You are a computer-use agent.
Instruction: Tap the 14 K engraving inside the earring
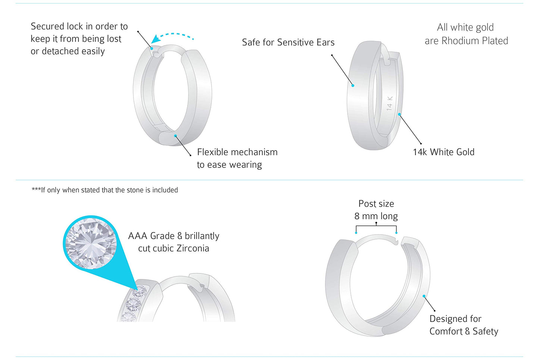point(389,103)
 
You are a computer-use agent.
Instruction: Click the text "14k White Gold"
point(444,152)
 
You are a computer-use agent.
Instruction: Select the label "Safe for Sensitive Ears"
point(288,43)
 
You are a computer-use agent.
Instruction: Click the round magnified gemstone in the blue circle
point(91,243)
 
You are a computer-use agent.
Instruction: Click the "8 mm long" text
point(376,216)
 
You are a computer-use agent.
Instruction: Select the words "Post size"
point(376,204)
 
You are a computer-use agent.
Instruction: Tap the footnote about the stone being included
point(105,190)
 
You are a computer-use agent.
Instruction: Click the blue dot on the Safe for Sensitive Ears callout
point(353,85)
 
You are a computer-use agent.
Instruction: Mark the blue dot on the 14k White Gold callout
point(399,114)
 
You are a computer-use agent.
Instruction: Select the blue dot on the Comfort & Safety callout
point(424,296)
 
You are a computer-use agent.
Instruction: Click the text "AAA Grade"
point(151,236)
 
